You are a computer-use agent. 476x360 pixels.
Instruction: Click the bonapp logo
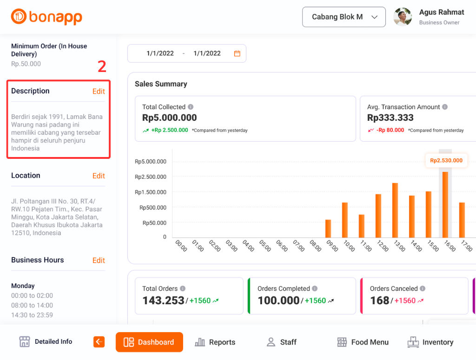click(46, 17)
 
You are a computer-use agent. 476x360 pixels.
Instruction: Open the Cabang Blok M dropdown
click(344, 17)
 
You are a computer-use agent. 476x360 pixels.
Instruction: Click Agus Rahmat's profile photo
click(403, 17)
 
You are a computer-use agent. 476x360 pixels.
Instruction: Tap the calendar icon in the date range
click(237, 53)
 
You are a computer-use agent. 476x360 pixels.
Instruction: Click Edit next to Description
click(99, 92)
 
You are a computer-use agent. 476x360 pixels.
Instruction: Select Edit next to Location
click(99, 176)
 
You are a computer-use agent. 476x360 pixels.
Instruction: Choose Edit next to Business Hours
click(99, 261)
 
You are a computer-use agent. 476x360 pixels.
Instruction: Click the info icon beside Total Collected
click(191, 107)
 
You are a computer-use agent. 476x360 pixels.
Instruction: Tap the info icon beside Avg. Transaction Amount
click(445, 107)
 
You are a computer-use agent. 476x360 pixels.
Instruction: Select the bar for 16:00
click(445, 204)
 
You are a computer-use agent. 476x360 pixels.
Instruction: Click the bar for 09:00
click(328, 228)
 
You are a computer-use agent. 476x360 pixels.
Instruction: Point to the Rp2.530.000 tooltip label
click(446, 161)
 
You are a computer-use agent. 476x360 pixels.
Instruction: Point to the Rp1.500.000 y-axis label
click(150, 192)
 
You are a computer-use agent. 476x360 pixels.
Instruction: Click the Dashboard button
click(149, 342)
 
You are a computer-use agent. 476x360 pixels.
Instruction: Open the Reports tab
click(215, 342)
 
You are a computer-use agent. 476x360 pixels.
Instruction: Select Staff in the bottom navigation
click(281, 342)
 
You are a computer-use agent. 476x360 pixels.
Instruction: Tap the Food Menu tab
click(363, 342)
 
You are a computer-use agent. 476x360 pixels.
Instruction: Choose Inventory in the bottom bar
click(430, 342)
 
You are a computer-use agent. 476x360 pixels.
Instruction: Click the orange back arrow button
click(99, 342)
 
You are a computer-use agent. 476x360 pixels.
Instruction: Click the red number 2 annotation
click(102, 67)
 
